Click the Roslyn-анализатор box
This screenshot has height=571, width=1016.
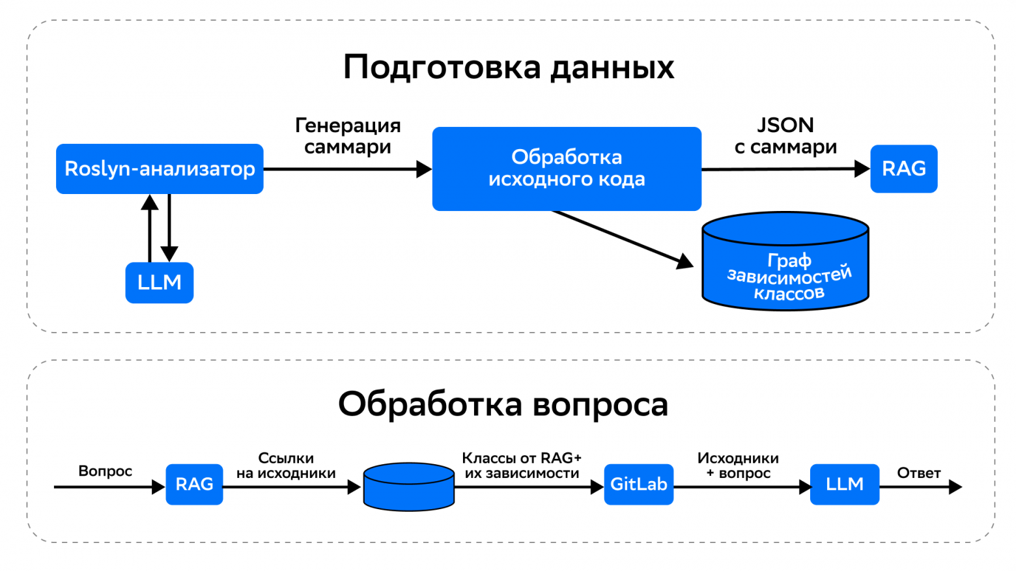tap(160, 169)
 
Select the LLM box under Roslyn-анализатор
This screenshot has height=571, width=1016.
tap(160, 283)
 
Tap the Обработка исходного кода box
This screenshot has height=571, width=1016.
tap(567, 169)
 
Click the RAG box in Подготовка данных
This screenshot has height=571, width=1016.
tap(903, 169)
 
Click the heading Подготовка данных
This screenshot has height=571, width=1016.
tap(508, 67)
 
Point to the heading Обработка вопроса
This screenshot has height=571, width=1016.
tap(503, 404)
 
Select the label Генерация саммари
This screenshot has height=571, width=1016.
tap(348, 135)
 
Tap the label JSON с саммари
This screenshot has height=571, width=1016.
tap(785, 135)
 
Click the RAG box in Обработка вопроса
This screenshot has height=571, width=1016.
tap(194, 484)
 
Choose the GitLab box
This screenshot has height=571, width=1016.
tap(638, 484)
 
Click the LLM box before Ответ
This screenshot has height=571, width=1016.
tap(844, 484)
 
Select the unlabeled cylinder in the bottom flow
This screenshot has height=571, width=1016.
tap(408, 487)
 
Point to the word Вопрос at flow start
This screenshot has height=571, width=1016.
tap(105, 471)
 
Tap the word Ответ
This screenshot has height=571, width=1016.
tap(918, 473)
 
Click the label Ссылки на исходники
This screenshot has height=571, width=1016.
tap(286, 466)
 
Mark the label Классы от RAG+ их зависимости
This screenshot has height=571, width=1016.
tap(522, 466)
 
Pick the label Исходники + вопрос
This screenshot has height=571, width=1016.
tap(738, 466)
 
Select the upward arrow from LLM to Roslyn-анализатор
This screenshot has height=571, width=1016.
tap(150, 228)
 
